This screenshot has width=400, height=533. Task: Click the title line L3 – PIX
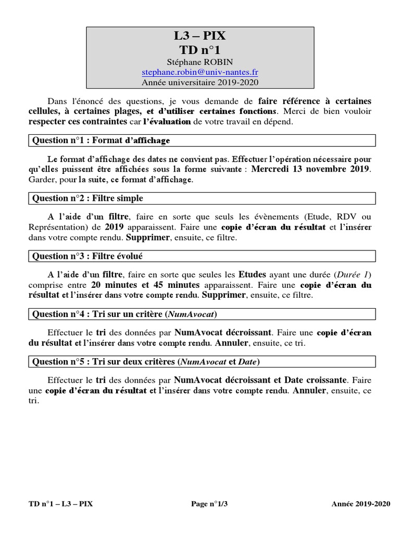pyautogui.click(x=200, y=37)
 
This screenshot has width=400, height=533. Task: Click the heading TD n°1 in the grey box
pyautogui.click(x=200, y=50)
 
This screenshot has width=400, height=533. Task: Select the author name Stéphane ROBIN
pyautogui.click(x=200, y=62)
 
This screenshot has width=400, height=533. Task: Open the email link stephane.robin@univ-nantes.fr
pyautogui.click(x=200, y=72)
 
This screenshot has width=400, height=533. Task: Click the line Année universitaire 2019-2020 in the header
pyautogui.click(x=200, y=82)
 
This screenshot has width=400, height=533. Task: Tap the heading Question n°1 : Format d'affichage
pyautogui.click(x=101, y=141)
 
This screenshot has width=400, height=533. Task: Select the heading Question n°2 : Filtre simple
pyautogui.click(x=87, y=198)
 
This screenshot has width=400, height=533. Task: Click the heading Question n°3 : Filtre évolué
pyautogui.click(x=87, y=256)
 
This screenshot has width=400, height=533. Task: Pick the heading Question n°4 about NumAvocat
pyautogui.click(x=124, y=314)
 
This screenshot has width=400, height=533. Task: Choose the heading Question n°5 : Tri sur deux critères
pyautogui.click(x=146, y=361)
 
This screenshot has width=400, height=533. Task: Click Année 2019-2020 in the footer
pyautogui.click(x=360, y=504)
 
